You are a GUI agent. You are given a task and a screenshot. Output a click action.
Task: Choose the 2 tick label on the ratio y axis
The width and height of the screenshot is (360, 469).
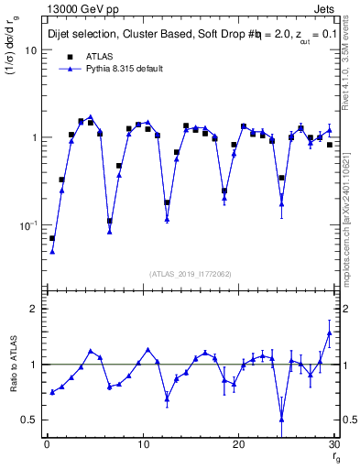33,309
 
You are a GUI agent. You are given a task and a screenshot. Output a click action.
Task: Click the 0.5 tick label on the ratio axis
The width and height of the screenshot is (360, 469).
29,420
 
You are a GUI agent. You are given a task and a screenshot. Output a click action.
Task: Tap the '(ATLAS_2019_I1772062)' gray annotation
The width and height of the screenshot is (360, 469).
191,272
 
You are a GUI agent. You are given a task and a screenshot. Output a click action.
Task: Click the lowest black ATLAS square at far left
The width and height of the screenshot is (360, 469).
52,238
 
